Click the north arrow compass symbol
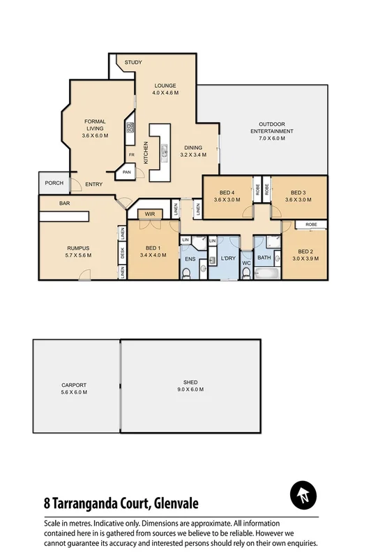(x=303, y=496)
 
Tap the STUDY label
(x=133, y=63)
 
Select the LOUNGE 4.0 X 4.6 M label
(x=166, y=89)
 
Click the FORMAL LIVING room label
(x=94, y=128)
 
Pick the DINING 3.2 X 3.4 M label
(x=193, y=151)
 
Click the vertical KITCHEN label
(x=146, y=153)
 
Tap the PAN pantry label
(x=127, y=171)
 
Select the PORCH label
(x=54, y=183)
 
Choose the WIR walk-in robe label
(x=149, y=214)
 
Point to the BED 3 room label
(x=298, y=196)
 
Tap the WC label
(x=246, y=263)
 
